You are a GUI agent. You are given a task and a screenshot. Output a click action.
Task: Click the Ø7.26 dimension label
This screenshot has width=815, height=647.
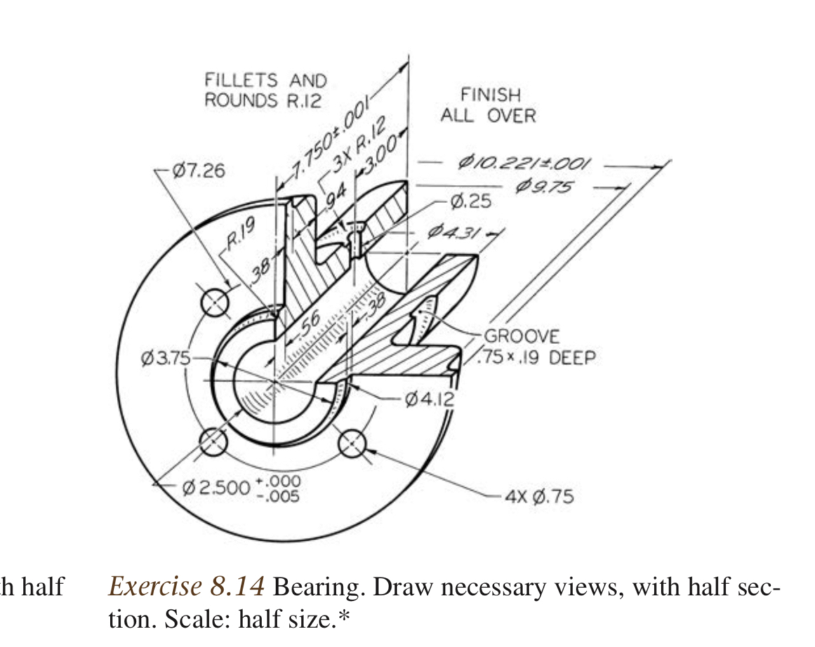pos(199,171)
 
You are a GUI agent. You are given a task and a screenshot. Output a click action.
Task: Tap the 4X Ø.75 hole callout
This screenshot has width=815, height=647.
pos(540,496)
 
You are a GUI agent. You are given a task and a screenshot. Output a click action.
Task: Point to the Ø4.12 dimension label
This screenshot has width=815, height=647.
pos(430,399)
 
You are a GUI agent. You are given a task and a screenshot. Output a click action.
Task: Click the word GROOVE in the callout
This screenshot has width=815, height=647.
pos(522,336)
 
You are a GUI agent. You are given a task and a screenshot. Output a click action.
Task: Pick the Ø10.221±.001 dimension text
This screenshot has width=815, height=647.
pos(524,163)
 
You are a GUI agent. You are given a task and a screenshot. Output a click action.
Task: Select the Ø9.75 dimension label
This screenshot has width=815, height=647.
pos(544,187)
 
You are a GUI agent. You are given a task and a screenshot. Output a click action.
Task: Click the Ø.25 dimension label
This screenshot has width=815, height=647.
pos(470,201)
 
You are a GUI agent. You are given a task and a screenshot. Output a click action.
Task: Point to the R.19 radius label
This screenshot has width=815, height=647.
pos(241,234)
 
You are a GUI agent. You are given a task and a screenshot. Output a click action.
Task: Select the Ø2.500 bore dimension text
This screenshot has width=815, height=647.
pos(216,487)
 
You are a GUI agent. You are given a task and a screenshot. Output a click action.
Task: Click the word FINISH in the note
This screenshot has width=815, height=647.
pos(490,95)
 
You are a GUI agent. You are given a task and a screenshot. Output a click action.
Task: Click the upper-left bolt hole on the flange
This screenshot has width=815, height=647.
pos(216,303)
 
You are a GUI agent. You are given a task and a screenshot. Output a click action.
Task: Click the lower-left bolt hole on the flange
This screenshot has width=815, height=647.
pos(214,442)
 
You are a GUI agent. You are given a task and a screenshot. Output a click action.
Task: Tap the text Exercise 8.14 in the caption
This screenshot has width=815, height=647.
pos(187,586)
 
